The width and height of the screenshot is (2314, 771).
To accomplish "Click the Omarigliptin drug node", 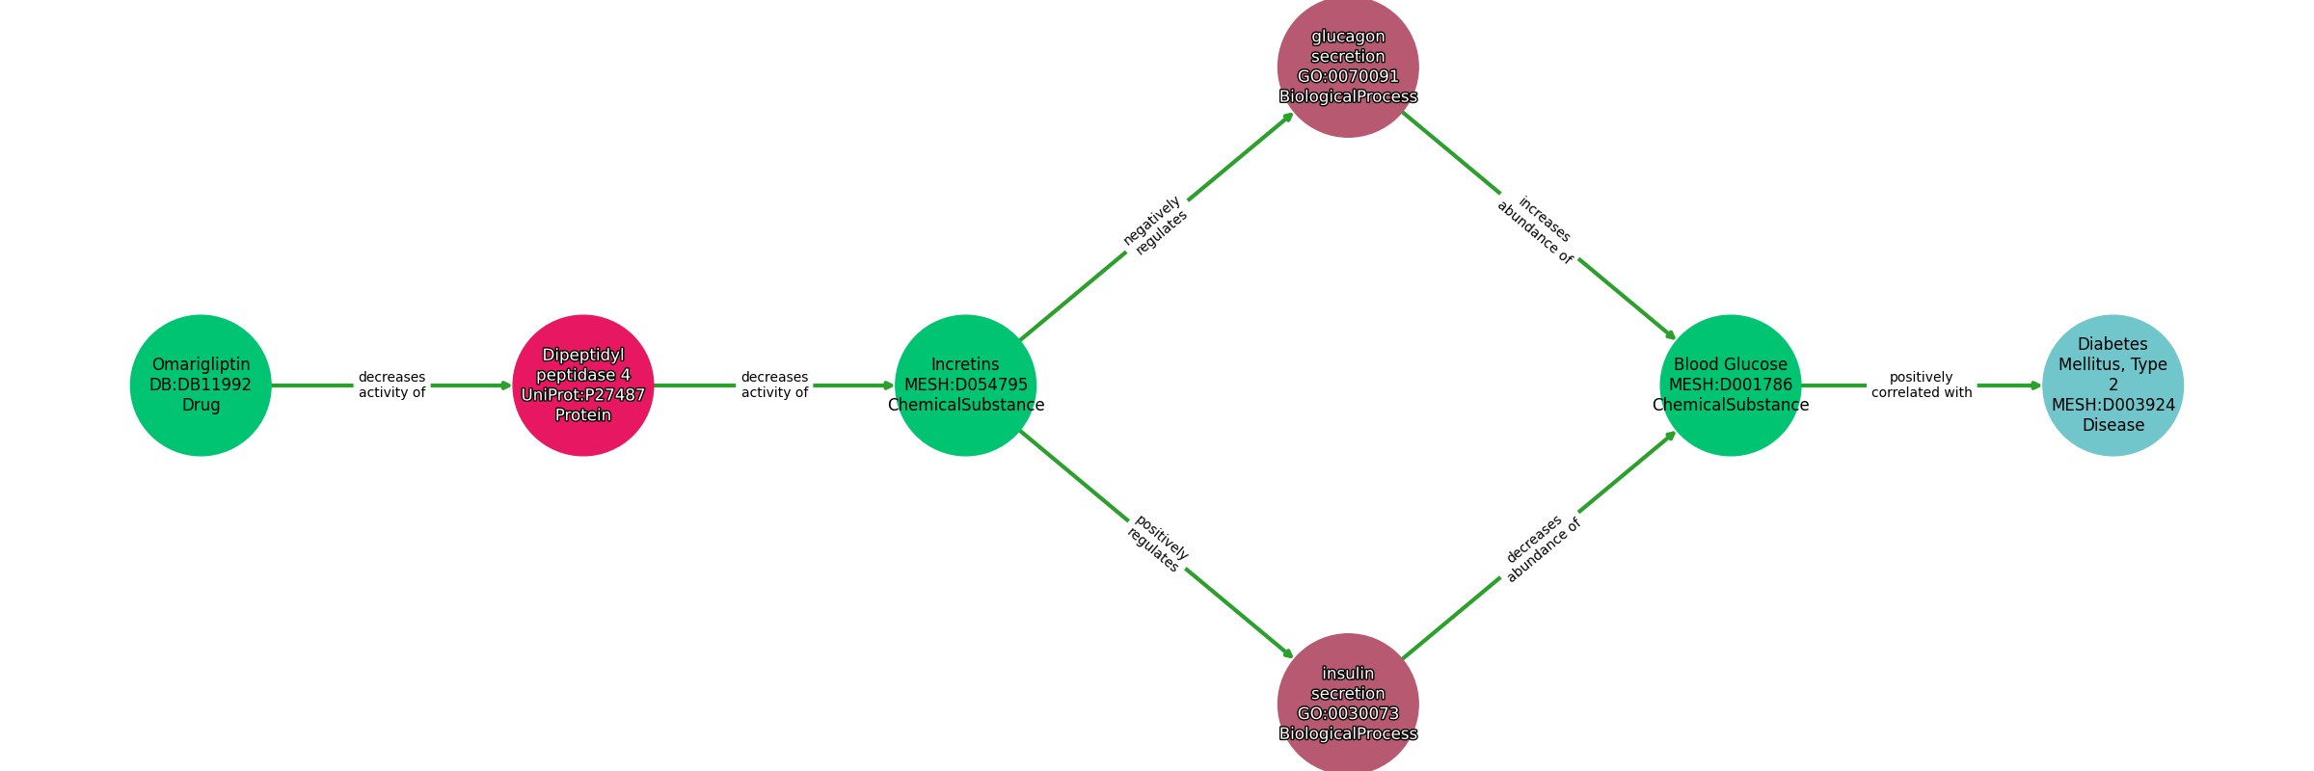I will tap(201, 385).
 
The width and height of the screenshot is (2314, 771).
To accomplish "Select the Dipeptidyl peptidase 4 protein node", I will tap(582, 385).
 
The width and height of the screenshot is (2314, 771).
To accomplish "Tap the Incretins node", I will tap(965, 385).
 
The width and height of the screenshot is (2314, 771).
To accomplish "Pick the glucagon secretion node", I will tap(1348, 66).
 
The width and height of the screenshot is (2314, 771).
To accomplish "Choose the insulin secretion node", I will tap(1348, 704).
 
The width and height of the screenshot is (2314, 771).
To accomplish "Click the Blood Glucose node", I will tap(1730, 385).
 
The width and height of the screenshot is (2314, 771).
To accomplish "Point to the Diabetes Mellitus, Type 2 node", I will tap(2112, 385).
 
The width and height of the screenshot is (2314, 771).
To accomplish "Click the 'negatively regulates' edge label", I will tap(1155, 226).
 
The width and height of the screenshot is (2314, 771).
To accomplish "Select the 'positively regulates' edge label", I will tap(1157, 544).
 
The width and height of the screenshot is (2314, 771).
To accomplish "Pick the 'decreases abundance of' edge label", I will tap(1540, 549).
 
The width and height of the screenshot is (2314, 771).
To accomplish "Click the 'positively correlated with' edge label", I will tap(1921, 385).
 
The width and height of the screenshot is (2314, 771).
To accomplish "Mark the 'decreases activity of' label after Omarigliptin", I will tap(391, 385).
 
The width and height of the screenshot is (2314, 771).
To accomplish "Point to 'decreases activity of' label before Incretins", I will tap(774, 385).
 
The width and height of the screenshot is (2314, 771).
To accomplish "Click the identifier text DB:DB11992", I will tap(201, 385).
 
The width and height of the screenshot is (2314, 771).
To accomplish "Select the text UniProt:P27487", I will tap(582, 395).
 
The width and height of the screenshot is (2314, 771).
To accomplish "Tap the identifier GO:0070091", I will tap(1348, 77).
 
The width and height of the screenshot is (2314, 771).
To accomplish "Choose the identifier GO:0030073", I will tap(1348, 714).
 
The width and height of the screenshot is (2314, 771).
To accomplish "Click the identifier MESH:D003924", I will tap(2112, 405).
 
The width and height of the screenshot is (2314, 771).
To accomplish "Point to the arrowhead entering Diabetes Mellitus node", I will tap(2035, 385).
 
